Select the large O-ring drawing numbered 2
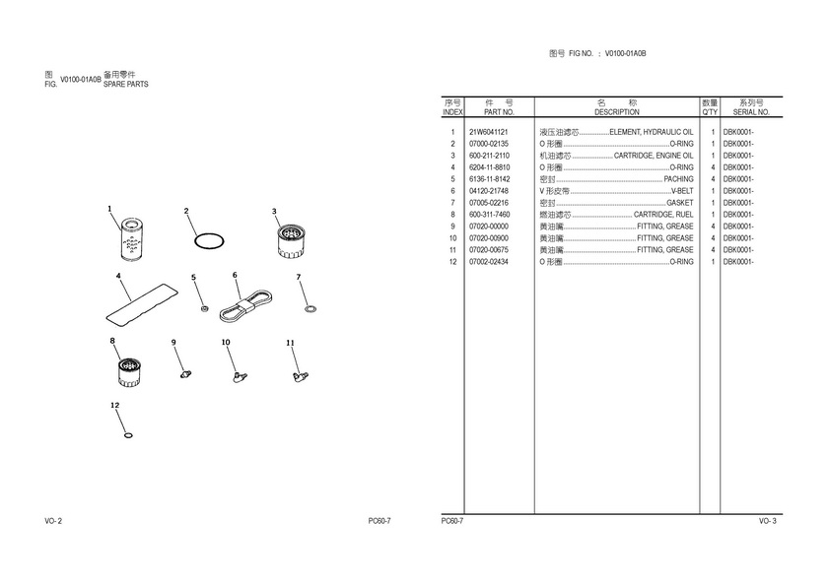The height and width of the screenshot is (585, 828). [x=209, y=239]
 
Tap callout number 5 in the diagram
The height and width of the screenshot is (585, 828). [x=193, y=278]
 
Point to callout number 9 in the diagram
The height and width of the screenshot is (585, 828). [x=173, y=343]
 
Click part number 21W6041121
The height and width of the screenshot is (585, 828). [x=488, y=132]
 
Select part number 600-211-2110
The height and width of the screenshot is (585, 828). [x=489, y=156]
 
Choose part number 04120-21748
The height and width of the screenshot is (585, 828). [x=489, y=191]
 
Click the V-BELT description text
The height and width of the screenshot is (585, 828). [x=681, y=191]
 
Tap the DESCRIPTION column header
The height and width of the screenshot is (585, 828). [x=616, y=112]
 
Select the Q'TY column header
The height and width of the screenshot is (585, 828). [x=709, y=112]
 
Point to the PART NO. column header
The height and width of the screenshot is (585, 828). [x=500, y=112]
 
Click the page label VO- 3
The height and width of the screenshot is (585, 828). [x=767, y=520]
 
